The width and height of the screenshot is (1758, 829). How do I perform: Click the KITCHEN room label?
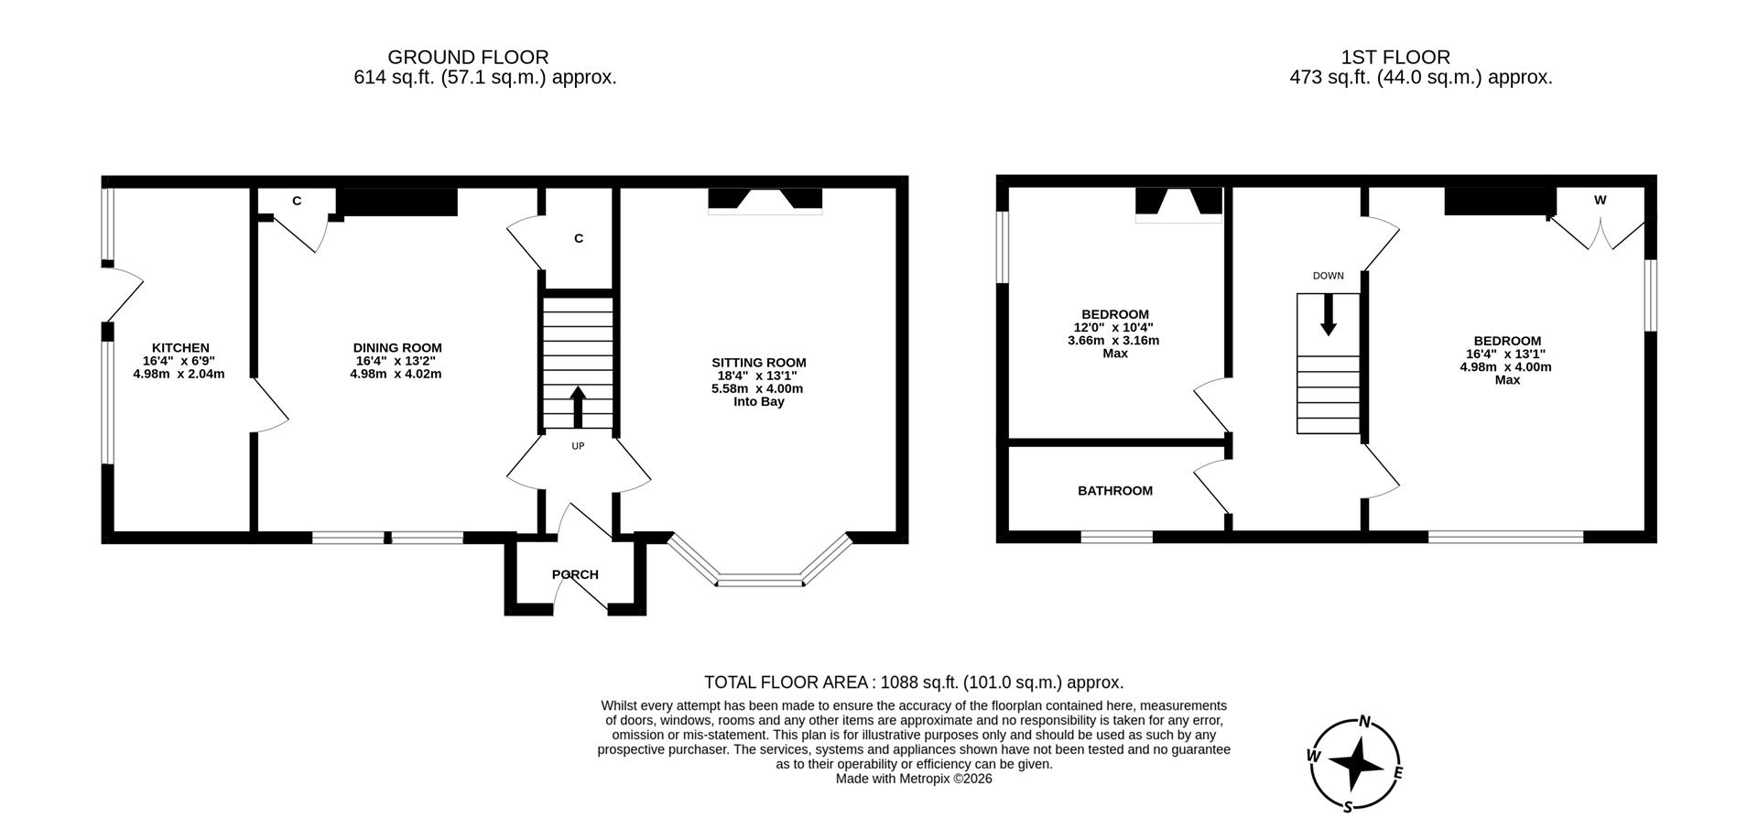coord(180,348)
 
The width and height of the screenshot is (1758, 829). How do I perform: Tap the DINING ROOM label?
coord(397,348)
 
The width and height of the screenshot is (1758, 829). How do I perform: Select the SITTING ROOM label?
coord(758,363)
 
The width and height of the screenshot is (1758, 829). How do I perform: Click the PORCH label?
coord(575,574)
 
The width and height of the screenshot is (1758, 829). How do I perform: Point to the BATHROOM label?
coord(1114,491)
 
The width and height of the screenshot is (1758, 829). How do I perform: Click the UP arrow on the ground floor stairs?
coord(578,407)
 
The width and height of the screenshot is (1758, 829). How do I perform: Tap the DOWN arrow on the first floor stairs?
coord(1328,315)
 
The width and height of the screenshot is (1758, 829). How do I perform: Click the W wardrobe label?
coord(1600,200)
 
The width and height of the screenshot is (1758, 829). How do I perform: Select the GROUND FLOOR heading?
coord(468,58)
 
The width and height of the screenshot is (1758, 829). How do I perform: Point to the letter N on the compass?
coord(1363,722)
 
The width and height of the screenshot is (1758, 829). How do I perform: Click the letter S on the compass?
coord(1347,806)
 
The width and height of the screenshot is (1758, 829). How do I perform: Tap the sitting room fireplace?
coord(765,202)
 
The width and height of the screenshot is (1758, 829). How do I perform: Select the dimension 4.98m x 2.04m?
coord(179,374)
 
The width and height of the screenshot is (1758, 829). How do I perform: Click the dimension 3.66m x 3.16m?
coord(1113,341)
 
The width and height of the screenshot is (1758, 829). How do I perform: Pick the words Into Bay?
coord(758,401)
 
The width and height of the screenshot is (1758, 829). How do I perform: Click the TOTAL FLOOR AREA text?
coord(913,682)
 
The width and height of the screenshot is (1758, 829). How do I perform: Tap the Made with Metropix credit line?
coord(913,779)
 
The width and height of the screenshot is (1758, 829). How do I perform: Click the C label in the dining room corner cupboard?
coord(297,201)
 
